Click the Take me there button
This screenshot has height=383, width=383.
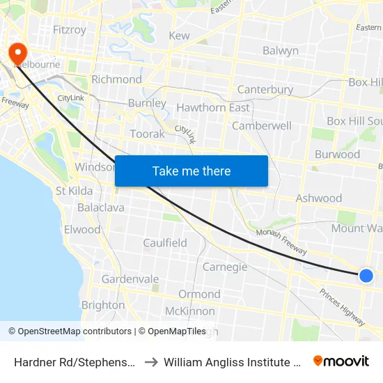click(191, 171)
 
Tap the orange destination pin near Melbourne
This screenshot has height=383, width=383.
click(15, 53)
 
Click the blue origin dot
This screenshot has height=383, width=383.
click(366, 276)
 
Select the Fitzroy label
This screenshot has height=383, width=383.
click(70, 30)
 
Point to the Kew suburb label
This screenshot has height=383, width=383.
click(179, 36)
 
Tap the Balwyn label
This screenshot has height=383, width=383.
click(281, 50)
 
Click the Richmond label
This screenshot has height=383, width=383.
click(116, 79)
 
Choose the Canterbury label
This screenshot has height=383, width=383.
click(265, 90)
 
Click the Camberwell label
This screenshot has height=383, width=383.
click(262, 126)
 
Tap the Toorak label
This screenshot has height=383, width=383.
click(148, 134)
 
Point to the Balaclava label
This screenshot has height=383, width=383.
click(101, 208)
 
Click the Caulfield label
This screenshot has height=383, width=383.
click(165, 243)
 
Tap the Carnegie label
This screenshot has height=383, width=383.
click(225, 267)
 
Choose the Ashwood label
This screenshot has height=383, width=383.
click(319, 198)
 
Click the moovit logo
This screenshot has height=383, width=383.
click(341, 361)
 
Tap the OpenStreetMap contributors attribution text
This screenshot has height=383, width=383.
click(70, 331)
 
